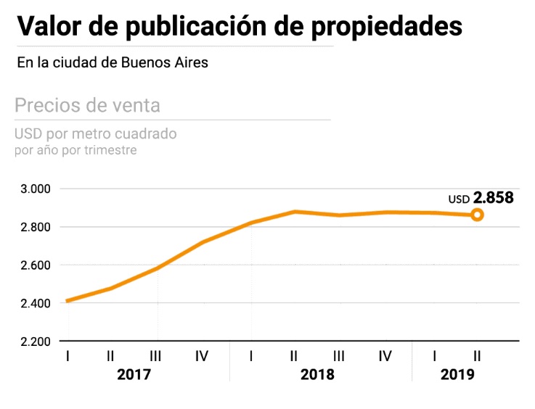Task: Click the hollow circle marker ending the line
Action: coord(477,215)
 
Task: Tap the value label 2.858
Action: coord(494,198)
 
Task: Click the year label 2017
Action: coord(134,375)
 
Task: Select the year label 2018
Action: coord(317,375)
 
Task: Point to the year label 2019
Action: coord(457,375)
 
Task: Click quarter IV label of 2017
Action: coord(202,356)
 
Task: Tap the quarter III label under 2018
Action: coord(338,356)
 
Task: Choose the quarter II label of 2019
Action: coord(477,356)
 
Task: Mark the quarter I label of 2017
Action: coord(67,356)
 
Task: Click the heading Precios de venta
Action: coord(87,105)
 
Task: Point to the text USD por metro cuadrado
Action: coord(96,134)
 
